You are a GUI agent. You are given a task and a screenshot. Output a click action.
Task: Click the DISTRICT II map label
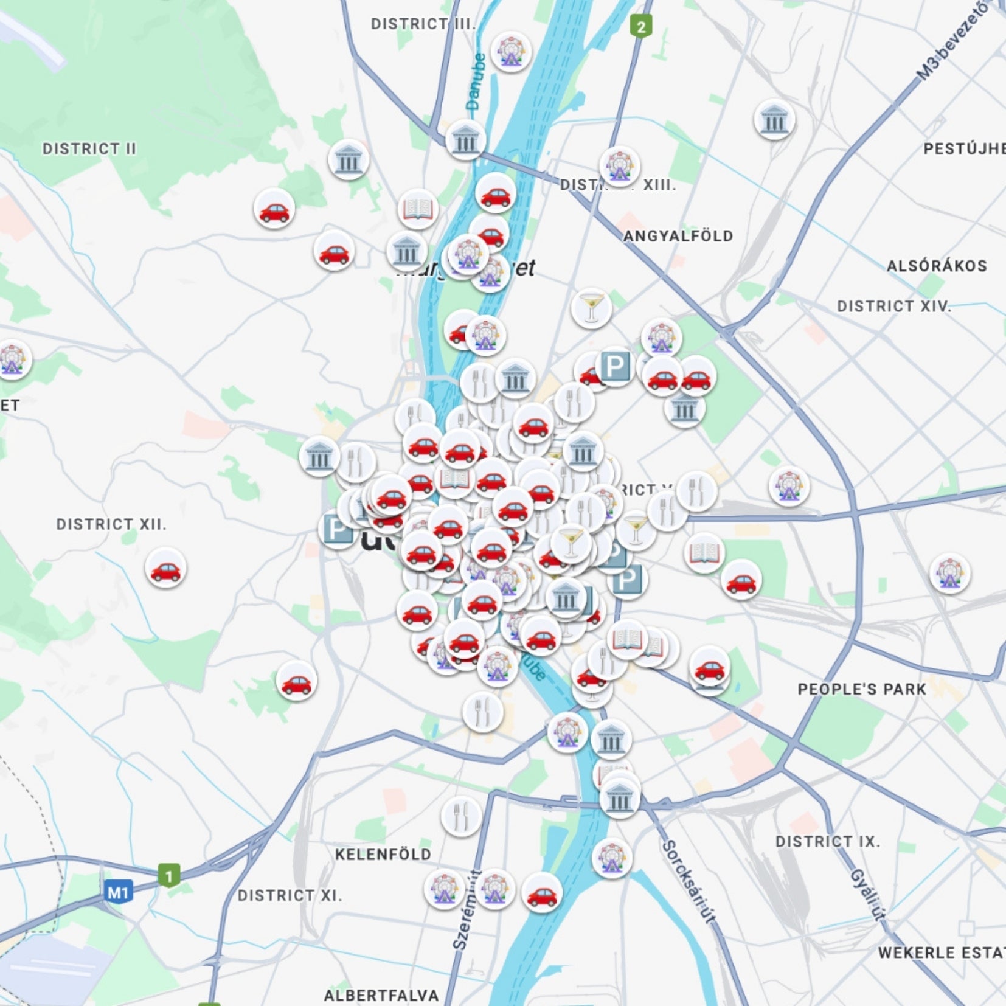89,149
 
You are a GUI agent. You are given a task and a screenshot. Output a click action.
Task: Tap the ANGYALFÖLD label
678,236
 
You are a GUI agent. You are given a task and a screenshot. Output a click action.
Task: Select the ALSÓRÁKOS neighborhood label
936,266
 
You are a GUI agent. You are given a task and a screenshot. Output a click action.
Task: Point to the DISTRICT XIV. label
893,306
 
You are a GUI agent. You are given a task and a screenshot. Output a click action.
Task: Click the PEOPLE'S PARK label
862,689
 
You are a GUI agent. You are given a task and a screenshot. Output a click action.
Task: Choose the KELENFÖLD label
383,855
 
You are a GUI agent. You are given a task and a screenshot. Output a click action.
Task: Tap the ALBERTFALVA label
381,996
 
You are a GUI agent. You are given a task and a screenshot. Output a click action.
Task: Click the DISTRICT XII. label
111,524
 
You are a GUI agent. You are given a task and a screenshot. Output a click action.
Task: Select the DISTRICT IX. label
827,842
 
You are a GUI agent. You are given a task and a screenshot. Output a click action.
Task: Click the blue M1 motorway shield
118,893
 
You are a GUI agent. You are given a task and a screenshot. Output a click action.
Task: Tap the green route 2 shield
640,26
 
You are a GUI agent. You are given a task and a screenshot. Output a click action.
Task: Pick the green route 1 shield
169,876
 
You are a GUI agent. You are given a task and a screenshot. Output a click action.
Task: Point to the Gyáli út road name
867,894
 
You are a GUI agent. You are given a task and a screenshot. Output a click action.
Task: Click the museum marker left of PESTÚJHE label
774,120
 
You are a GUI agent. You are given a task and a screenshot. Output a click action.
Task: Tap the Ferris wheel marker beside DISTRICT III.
511,52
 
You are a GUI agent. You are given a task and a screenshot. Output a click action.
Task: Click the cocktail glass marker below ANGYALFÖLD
591,308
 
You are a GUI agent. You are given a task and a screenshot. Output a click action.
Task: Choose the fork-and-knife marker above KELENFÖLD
462,816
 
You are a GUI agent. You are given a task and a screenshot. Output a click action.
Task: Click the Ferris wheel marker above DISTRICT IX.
612,857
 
